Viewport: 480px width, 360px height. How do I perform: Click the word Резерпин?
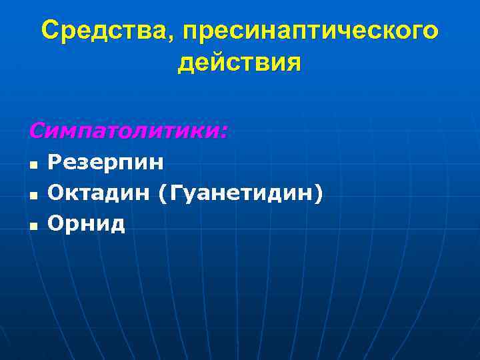(106, 162)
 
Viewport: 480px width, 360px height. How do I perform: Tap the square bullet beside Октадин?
(33, 195)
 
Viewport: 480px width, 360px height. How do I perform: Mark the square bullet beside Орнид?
(33, 225)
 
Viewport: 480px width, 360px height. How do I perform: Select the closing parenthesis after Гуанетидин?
(321, 194)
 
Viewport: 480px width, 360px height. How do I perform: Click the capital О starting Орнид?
(55, 223)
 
